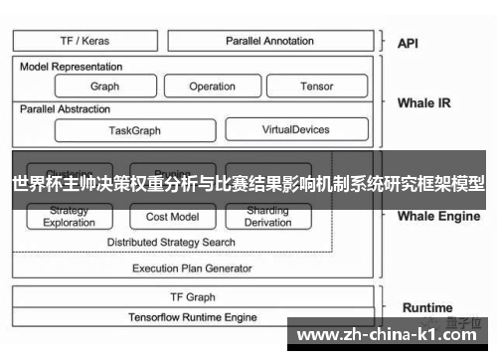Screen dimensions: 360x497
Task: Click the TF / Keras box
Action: tap(85, 41)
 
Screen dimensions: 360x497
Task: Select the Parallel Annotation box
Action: tap(269, 41)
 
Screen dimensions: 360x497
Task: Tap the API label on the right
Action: tap(409, 43)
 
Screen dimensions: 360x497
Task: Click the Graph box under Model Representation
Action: tap(104, 87)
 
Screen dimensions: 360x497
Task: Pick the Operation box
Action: tap(212, 87)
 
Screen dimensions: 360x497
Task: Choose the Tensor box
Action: tap(316, 87)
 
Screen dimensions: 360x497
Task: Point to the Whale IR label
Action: tap(423, 102)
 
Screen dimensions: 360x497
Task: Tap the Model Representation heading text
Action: tap(72, 67)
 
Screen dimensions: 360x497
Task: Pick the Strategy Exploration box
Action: tap(70, 217)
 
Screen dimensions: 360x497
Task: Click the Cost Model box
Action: tap(172, 217)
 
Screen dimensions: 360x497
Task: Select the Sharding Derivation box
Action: tap(267, 217)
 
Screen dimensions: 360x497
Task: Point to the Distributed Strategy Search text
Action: tap(171, 242)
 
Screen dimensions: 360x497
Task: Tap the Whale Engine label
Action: tap(438, 215)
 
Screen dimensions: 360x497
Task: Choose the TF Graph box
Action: tap(193, 296)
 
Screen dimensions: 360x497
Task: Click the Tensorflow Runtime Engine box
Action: tap(193, 317)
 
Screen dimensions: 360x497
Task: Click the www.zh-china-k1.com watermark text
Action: tap(390, 335)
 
